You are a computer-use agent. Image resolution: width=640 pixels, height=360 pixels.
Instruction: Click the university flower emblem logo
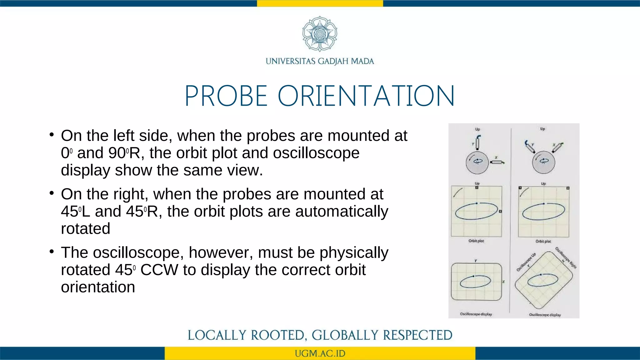[x=320, y=34]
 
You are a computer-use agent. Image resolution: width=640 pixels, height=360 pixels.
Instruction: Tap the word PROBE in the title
[x=226, y=96]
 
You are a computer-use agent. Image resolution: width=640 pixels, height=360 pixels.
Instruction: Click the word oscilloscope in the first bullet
[x=316, y=153]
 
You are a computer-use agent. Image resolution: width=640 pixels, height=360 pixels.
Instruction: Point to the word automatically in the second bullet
[x=341, y=212]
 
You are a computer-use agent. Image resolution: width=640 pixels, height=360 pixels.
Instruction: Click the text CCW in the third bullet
[x=159, y=270]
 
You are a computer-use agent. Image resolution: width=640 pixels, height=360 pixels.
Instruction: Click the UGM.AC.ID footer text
[x=320, y=353]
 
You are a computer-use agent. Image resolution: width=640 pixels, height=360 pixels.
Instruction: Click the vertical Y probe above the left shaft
[x=477, y=143]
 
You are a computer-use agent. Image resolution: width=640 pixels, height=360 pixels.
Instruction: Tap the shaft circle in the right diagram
[x=544, y=162]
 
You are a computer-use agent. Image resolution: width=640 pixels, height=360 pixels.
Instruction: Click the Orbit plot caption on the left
[x=476, y=241]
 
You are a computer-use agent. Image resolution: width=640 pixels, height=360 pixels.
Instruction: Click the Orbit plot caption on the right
[x=543, y=241]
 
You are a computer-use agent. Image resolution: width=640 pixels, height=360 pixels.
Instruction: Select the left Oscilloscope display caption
[x=476, y=314]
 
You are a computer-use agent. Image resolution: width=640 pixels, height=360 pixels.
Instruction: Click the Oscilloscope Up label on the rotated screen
[x=526, y=262]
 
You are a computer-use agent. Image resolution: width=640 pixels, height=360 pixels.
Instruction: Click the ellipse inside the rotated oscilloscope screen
[x=543, y=280]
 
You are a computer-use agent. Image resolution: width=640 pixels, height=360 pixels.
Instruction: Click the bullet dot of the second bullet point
[x=52, y=193]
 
